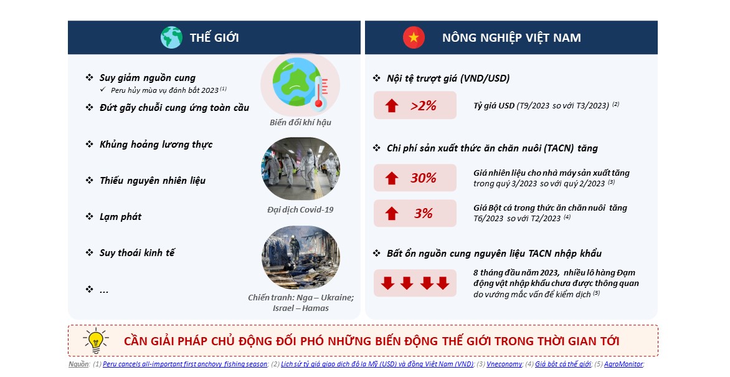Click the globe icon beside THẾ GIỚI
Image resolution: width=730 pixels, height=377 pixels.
click(171, 37)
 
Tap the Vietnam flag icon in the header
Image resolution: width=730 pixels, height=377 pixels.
click(414, 37)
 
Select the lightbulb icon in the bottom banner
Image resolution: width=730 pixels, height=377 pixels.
click(96, 341)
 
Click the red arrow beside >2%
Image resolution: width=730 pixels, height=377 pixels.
click(392, 106)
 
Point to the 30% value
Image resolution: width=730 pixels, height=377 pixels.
click(423, 178)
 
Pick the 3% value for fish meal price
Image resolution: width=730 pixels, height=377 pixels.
click(423, 214)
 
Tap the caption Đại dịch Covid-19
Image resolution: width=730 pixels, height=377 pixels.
click(300, 210)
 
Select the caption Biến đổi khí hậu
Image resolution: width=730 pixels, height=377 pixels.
click(300, 123)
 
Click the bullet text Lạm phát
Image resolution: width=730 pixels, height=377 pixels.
click(121, 217)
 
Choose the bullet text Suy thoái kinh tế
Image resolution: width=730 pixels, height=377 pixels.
click(137, 252)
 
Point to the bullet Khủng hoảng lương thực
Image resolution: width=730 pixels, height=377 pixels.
click(156, 145)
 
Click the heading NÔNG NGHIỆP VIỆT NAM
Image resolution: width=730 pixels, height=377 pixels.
click(511, 38)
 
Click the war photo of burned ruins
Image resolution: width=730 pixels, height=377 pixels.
click(301, 257)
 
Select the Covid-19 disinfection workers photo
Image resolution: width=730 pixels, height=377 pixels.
click(301, 169)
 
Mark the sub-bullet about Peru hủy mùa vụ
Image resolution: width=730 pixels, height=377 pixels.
click(164, 90)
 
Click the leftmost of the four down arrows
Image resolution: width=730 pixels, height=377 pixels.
click(388, 283)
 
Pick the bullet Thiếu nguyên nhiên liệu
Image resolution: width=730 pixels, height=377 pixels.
click(152, 180)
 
